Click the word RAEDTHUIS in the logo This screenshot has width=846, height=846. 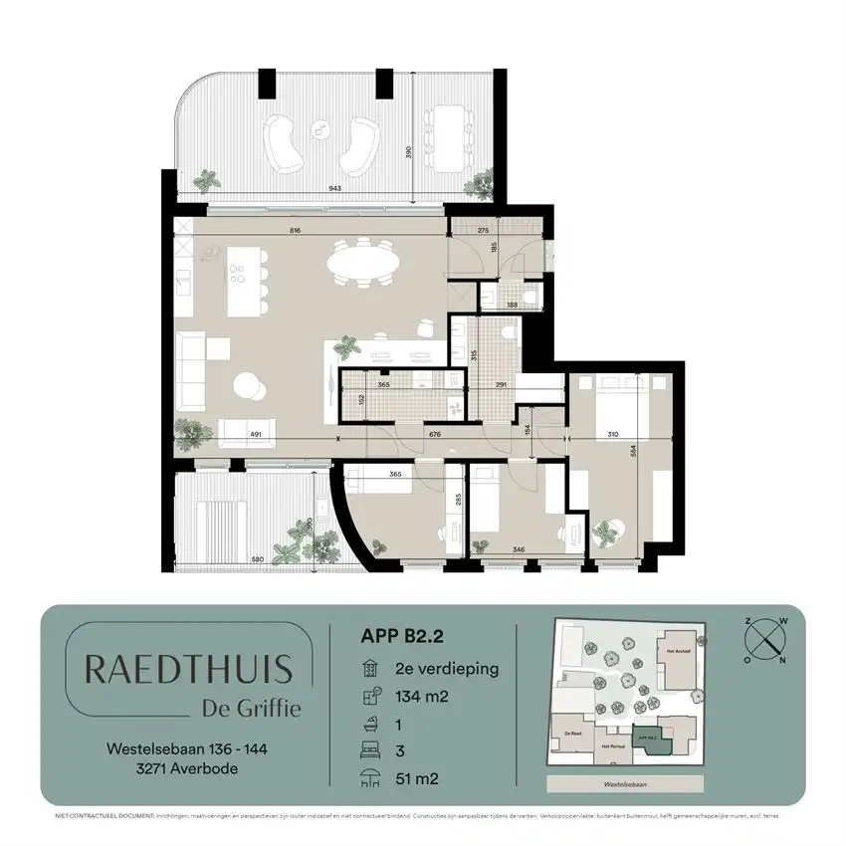(x=188, y=670)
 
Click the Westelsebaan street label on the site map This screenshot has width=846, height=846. (x=625, y=783)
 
